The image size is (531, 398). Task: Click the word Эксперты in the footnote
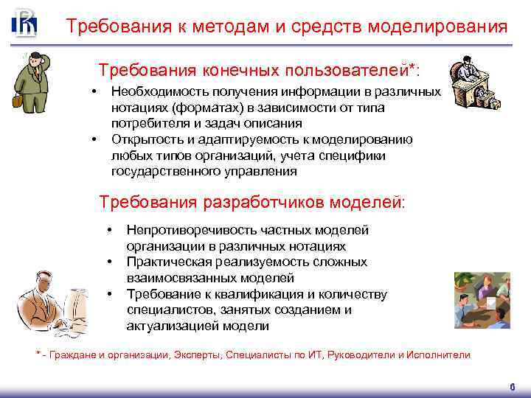point(198,355)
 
